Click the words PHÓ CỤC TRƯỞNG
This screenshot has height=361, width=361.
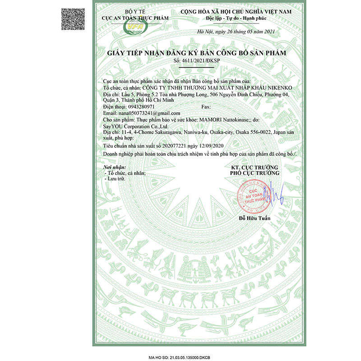pyautogui.click(x=255, y=173)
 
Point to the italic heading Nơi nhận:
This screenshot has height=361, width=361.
pyautogui.click(x=113, y=167)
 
